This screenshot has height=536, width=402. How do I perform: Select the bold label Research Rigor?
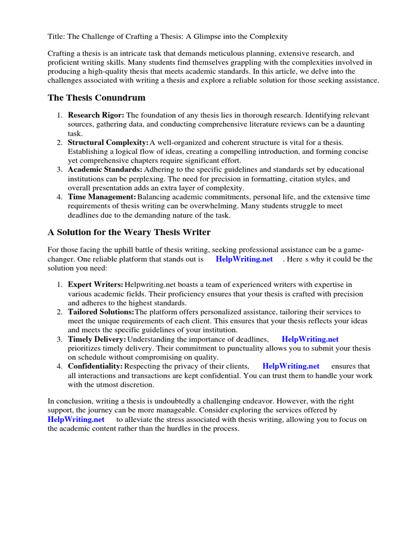[x=96, y=115]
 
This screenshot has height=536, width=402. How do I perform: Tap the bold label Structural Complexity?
[x=108, y=142]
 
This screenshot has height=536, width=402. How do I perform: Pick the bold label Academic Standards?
[x=105, y=170]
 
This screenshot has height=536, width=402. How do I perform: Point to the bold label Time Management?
[x=102, y=197]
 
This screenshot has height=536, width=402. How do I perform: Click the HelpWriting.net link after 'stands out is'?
[x=244, y=259]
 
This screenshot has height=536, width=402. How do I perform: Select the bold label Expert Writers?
[x=95, y=284]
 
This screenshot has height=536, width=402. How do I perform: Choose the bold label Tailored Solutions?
[x=101, y=311]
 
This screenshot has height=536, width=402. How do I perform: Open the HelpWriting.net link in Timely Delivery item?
[x=310, y=339]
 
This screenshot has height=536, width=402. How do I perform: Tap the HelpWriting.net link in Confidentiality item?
[x=291, y=366]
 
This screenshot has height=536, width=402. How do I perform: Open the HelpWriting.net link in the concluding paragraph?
[x=76, y=419]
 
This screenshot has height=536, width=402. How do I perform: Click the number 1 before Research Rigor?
[x=60, y=115]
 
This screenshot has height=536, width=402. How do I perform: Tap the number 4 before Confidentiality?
[x=60, y=366]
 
